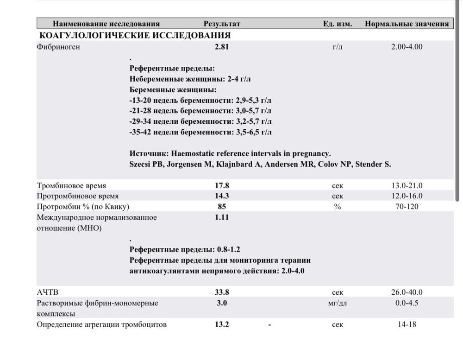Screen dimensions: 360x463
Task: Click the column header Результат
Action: [x=222, y=24]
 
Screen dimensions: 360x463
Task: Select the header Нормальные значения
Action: [x=407, y=24]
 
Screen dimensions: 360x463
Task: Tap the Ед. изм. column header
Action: [x=338, y=24]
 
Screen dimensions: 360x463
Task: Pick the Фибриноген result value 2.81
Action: [x=222, y=47]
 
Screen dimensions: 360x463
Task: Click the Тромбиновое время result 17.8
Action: [x=222, y=186]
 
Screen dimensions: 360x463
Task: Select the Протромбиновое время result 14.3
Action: [x=222, y=196]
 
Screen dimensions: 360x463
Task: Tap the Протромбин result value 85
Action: [x=222, y=206]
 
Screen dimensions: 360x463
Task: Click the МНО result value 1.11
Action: [x=222, y=217]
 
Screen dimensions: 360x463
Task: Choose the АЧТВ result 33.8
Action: [x=222, y=292]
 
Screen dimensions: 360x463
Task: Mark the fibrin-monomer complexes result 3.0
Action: [x=222, y=303]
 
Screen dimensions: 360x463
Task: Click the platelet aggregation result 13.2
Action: [x=222, y=324]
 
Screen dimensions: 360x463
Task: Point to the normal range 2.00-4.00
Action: [x=407, y=47]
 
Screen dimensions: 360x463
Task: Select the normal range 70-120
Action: [x=407, y=206]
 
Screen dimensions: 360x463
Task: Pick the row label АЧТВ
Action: [x=48, y=292]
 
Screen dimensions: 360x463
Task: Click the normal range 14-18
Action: [x=407, y=324]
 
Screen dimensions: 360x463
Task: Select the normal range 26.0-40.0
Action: [x=407, y=292]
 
